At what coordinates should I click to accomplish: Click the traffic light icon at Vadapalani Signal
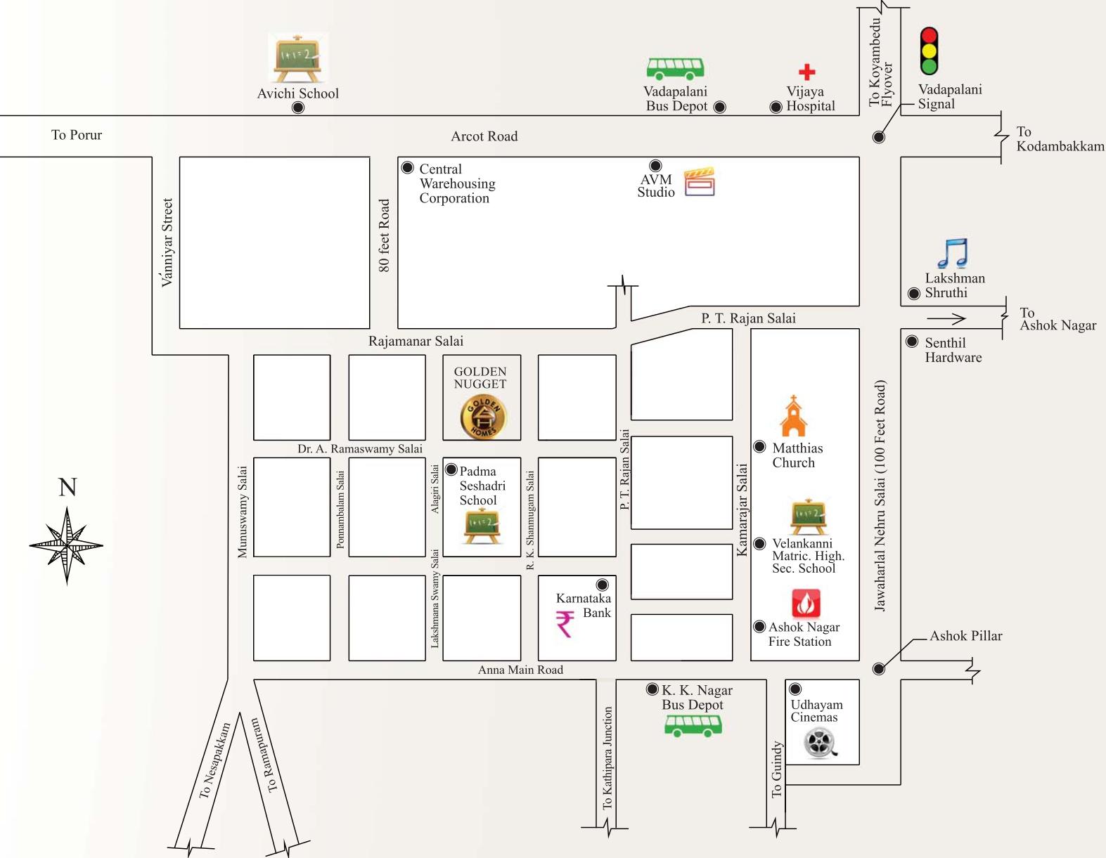click(x=930, y=51)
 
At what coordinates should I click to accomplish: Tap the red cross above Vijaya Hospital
click(x=806, y=72)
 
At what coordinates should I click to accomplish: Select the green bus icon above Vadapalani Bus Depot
click(x=675, y=69)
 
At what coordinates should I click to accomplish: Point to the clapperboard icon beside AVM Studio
click(x=700, y=181)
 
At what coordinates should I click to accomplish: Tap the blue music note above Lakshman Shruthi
click(x=953, y=254)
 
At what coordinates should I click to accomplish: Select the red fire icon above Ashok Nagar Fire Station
click(x=806, y=603)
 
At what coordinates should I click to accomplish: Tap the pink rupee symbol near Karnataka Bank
click(x=565, y=623)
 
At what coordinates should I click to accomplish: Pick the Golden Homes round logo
click(x=482, y=416)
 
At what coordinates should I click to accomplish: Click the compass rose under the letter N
click(x=67, y=545)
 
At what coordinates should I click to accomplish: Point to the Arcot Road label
click(x=484, y=136)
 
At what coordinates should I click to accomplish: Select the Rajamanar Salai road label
click(x=416, y=342)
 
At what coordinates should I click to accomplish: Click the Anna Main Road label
click(x=520, y=670)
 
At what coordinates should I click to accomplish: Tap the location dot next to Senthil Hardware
click(x=912, y=342)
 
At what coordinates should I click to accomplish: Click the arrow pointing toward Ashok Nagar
click(x=946, y=319)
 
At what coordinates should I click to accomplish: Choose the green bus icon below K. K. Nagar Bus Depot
click(x=693, y=725)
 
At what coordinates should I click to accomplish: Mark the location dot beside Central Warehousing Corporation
click(x=407, y=168)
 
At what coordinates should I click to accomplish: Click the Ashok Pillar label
click(x=965, y=636)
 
